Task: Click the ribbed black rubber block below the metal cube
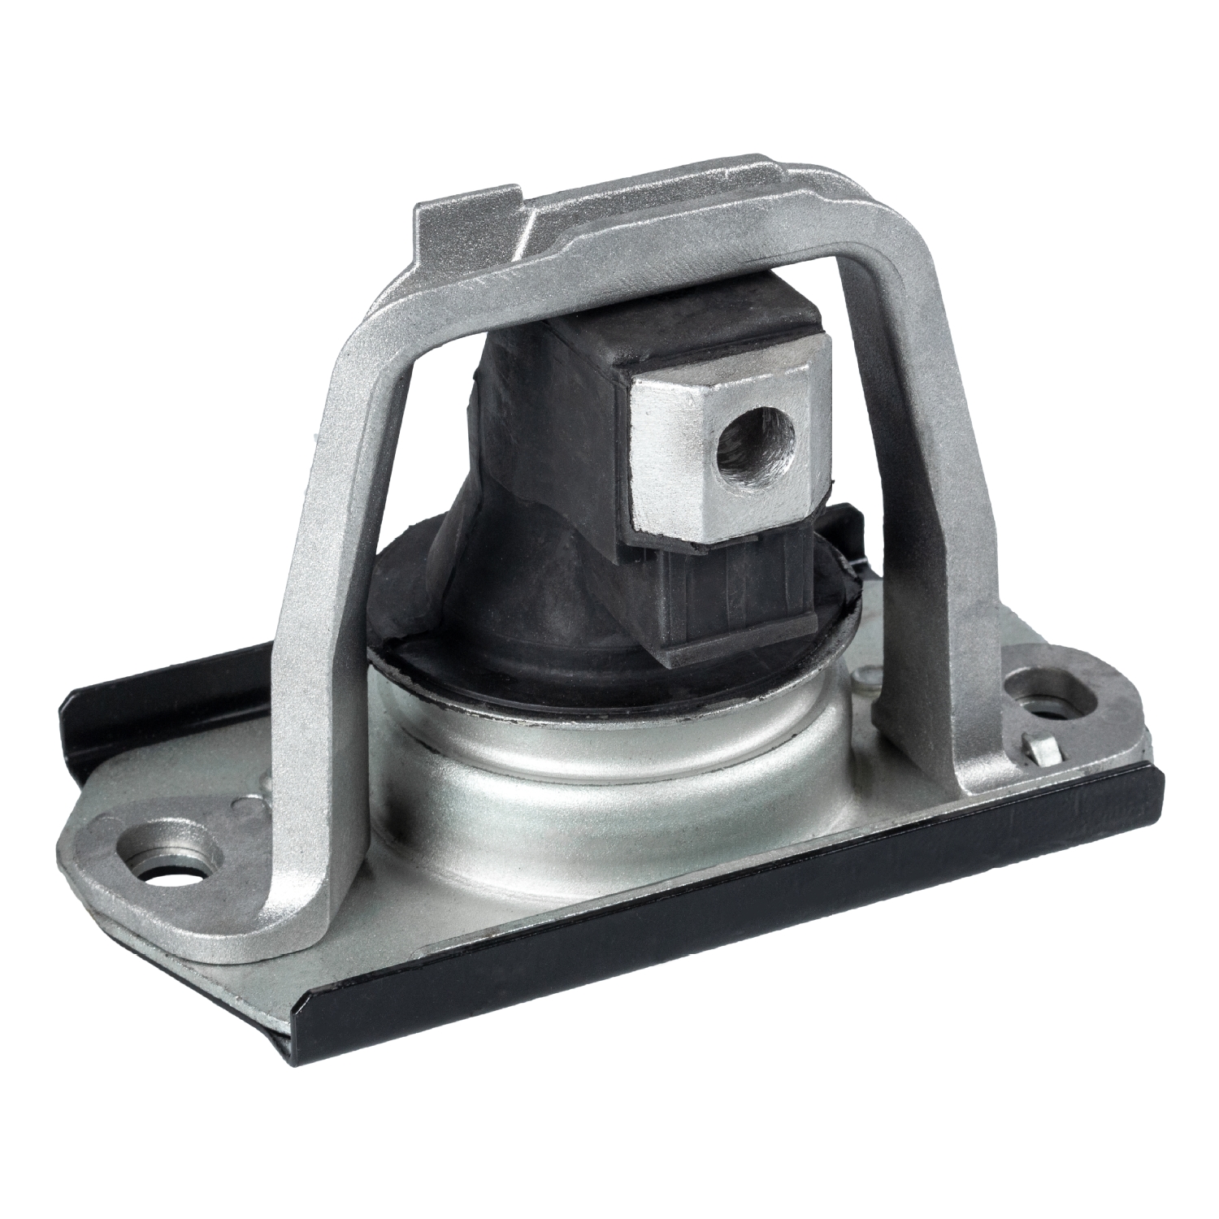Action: pos(731,593)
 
